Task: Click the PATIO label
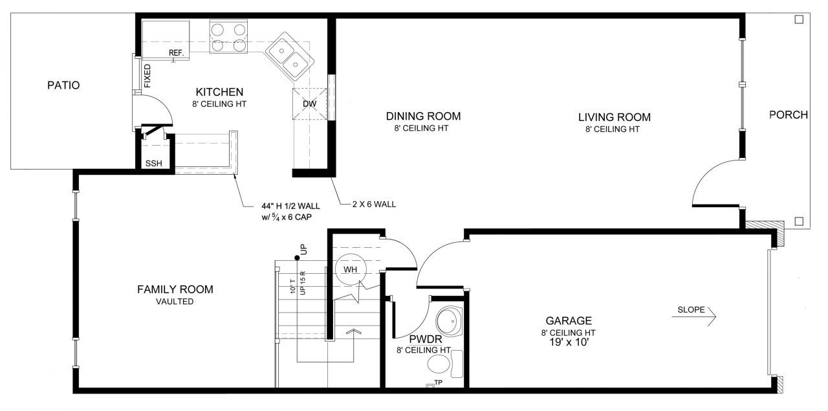pyautogui.click(x=63, y=85)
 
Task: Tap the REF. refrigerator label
pyautogui.click(x=177, y=53)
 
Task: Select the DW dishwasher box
pyautogui.click(x=309, y=104)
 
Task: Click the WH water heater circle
pyautogui.click(x=351, y=269)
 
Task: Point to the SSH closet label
pyautogui.click(x=154, y=164)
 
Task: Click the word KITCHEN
pyautogui.click(x=219, y=92)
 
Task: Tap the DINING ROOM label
pyautogui.click(x=423, y=116)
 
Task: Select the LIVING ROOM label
pyautogui.click(x=615, y=117)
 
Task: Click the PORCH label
pyautogui.click(x=789, y=115)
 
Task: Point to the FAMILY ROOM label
pyautogui.click(x=175, y=289)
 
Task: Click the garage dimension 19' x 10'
pyautogui.click(x=569, y=342)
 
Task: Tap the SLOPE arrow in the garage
pyautogui.click(x=694, y=317)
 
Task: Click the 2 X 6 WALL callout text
pyautogui.click(x=374, y=204)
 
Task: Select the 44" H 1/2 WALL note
pyautogui.click(x=291, y=212)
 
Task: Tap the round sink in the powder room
pyautogui.click(x=449, y=321)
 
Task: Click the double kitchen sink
pyautogui.click(x=290, y=56)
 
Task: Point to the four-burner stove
pyautogui.click(x=228, y=37)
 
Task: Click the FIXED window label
pyautogui.click(x=147, y=76)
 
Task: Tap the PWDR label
pyautogui.click(x=426, y=339)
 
